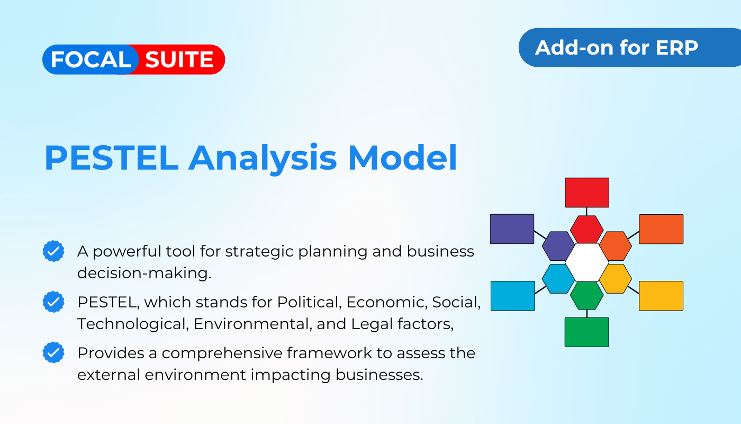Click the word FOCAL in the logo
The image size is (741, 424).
91,60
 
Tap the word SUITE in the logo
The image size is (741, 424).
179,60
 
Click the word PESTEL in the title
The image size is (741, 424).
112,158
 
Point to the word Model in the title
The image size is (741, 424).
402,158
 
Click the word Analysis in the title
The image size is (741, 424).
263,158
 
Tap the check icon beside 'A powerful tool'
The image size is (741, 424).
53,251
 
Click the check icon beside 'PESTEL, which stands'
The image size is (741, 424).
53,302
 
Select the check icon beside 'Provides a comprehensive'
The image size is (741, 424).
53,352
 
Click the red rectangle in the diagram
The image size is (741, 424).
586,192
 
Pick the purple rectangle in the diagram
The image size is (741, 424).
512,229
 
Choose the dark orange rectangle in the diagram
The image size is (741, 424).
661,229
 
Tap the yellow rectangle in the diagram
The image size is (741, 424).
661,296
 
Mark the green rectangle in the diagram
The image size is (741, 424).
586,332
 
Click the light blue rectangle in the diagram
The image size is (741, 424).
512,296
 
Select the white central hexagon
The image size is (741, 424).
586,262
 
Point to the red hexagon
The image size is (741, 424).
586,229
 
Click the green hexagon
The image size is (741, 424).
586,296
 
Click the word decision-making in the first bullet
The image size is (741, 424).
144,273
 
